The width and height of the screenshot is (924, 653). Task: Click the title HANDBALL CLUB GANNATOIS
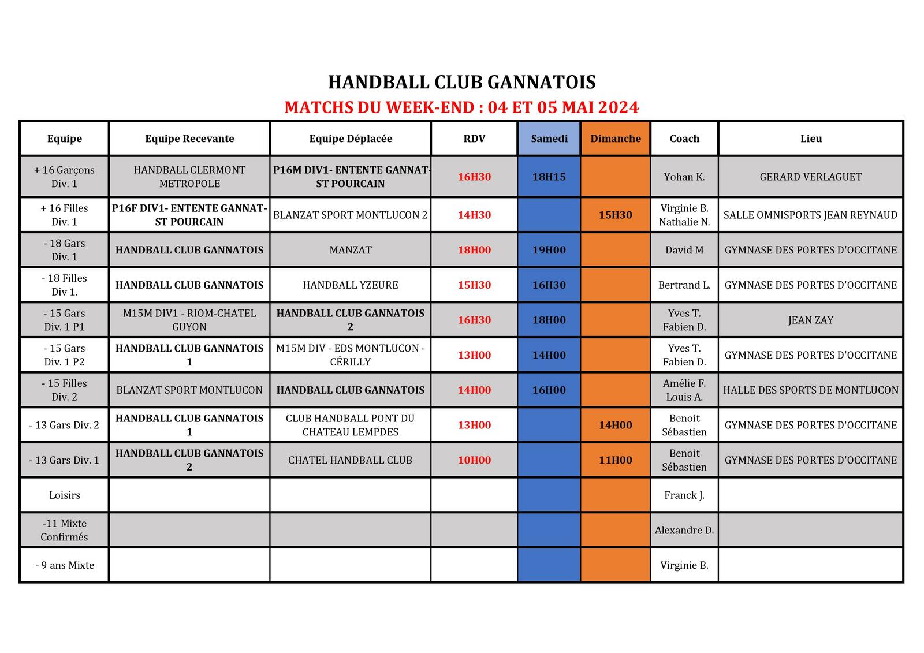pyautogui.click(x=461, y=82)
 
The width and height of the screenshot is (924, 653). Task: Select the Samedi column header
pyautogui.click(x=549, y=139)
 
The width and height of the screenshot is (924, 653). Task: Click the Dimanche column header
pyautogui.click(x=616, y=139)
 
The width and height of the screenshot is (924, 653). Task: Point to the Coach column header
pyautogui.click(x=684, y=139)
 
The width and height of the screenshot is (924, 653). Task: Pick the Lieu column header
pyautogui.click(x=811, y=139)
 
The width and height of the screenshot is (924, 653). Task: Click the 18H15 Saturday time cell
pyautogui.click(x=549, y=177)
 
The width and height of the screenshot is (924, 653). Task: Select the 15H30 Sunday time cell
pyautogui.click(x=616, y=215)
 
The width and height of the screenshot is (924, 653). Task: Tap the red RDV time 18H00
pyautogui.click(x=474, y=250)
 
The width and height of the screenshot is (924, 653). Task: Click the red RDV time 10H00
pyautogui.click(x=474, y=460)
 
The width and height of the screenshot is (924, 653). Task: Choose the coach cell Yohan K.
pyautogui.click(x=684, y=177)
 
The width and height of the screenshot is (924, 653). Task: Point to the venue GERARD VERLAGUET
pyautogui.click(x=811, y=177)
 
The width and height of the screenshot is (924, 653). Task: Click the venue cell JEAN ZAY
pyautogui.click(x=811, y=320)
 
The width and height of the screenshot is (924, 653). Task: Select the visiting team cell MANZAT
pyautogui.click(x=351, y=250)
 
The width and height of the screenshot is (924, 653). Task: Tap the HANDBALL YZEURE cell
pyautogui.click(x=351, y=285)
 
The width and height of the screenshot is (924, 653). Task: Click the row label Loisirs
pyautogui.click(x=65, y=495)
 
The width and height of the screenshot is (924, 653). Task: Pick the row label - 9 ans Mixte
pyautogui.click(x=65, y=565)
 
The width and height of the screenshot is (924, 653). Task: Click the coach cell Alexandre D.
pyautogui.click(x=684, y=530)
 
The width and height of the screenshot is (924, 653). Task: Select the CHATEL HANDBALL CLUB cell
pyautogui.click(x=351, y=460)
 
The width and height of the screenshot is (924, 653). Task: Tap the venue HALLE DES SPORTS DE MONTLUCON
pyautogui.click(x=811, y=390)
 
